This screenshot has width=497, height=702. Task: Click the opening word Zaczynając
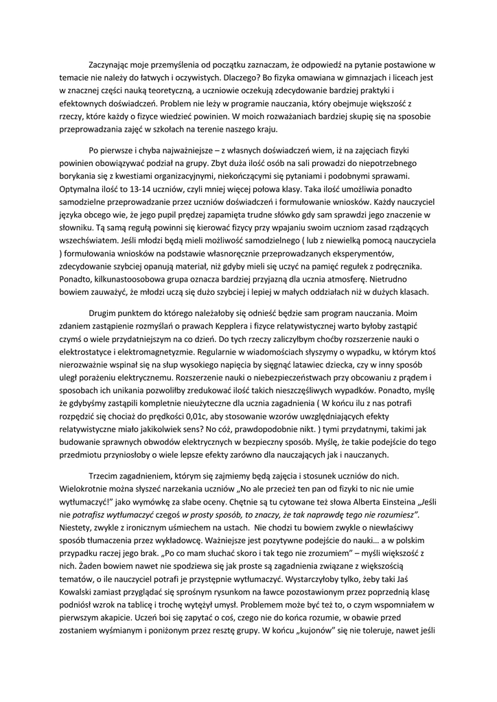[x=113, y=64]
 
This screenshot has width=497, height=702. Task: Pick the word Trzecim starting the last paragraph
[x=105, y=476]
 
